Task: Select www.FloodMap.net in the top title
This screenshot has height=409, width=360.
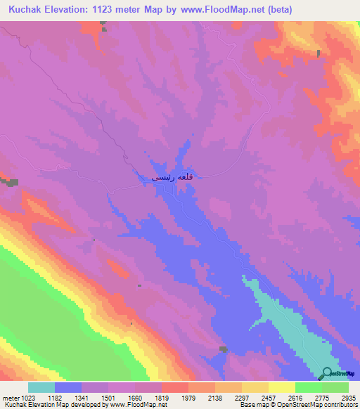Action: pos(218,10)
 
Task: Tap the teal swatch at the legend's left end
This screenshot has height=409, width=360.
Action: pos(41,387)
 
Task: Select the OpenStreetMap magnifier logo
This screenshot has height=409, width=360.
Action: pos(328,373)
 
